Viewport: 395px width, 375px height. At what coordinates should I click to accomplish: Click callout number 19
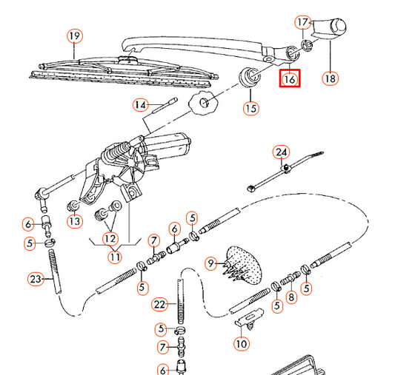(73, 36)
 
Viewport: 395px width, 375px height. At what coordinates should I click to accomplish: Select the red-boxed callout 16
(290, 77)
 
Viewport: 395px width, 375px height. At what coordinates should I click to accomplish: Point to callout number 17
(302, 22)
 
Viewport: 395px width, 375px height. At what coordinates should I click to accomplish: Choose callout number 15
(251, 109)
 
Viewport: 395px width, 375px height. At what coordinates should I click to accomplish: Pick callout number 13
(74, 220)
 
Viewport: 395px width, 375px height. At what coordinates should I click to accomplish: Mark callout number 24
(280, 153)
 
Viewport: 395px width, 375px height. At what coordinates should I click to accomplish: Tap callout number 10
(242, 343)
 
